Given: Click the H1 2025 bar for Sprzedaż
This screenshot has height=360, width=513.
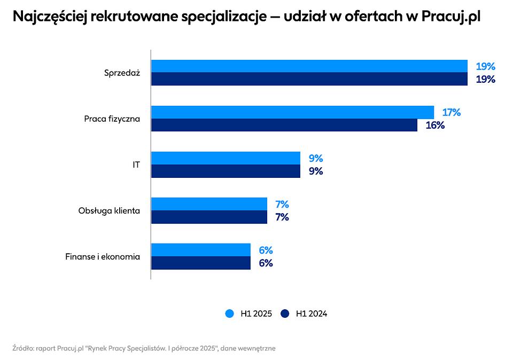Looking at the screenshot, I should [309, 66].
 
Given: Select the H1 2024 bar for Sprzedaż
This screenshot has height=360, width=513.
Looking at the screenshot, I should [309, 79].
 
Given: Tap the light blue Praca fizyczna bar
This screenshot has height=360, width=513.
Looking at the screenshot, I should [292, 112].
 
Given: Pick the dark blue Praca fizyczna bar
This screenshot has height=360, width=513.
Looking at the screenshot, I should [284, 125].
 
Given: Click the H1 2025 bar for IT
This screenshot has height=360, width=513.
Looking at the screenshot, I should [226, 158].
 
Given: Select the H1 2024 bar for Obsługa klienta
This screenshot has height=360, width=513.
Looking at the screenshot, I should [209, 217].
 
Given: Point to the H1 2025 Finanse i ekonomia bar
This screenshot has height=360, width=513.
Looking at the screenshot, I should [200, 250].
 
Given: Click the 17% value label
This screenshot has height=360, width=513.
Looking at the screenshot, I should [451, 112].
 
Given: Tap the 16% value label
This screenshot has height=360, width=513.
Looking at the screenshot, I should [434, 125].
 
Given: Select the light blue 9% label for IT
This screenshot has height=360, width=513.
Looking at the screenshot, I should [316, 158].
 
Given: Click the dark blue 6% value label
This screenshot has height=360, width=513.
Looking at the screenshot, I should [266, 263].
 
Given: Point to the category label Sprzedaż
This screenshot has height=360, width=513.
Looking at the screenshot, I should [122, 73].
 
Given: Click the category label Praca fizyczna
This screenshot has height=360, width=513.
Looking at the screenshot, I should [112, 119].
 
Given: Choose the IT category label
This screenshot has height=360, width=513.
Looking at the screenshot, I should [136, 165].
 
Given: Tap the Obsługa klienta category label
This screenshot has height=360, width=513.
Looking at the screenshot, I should [109, 210].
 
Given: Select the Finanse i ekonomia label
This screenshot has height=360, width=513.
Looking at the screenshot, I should [103, 256].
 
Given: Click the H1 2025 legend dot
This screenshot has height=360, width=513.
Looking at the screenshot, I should [230, 314].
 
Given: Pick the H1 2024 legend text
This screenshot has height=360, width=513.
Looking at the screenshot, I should [312, 314].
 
